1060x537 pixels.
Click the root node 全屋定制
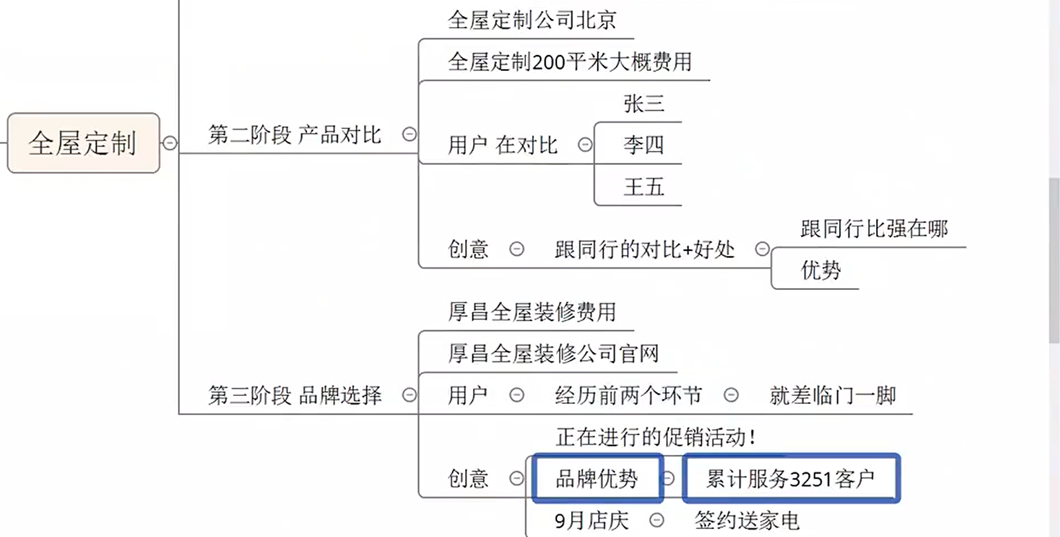83,143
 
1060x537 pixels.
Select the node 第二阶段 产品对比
294,135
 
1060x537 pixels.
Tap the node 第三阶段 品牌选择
294,395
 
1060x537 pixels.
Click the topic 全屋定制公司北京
532,20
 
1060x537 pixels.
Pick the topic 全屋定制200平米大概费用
570,62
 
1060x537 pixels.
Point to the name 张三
643,103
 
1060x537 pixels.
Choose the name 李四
643,145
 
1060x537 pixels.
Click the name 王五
643,187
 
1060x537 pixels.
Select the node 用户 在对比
502,145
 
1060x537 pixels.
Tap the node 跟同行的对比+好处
644,250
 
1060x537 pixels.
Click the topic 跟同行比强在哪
873,228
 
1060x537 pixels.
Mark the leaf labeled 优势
820,270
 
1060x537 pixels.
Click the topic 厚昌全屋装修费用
532,312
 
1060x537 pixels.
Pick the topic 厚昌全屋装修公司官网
553,354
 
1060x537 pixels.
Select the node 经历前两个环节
628,395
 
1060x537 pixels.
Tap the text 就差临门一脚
832,395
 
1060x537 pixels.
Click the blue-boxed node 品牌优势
596,478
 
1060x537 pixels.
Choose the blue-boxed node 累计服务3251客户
790,478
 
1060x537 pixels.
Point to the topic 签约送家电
746,520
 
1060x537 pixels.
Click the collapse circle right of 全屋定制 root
170,143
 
